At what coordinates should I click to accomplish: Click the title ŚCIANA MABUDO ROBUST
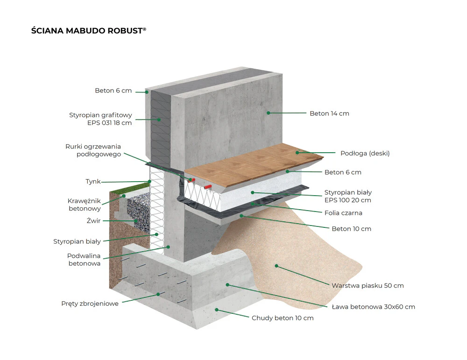[88, 31]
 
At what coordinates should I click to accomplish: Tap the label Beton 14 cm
[329, 113]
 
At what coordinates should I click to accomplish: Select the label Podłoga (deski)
[365, 153]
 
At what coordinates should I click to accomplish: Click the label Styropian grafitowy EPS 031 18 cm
[100, 119]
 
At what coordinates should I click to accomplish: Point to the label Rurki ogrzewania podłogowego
[93, 150]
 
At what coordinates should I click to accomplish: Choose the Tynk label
[93, 182]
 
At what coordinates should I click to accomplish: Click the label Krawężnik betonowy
[84, 205]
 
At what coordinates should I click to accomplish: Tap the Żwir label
[93, 221]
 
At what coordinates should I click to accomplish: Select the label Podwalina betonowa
[84, 259]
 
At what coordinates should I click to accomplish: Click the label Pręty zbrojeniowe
[90, 304]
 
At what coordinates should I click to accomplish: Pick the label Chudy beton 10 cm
[283, 318]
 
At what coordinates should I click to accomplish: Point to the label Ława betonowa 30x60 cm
[374, 307]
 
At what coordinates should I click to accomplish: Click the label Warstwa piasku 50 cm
[368, 286]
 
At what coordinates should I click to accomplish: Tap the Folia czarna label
[343, 213]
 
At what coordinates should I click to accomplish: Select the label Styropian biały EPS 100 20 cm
[348, 196]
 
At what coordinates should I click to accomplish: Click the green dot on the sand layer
[276, 266]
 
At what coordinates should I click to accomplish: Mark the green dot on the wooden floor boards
[297, 153]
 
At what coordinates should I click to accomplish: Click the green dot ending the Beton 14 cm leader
[269, 113]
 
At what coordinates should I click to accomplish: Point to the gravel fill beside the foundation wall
[139, 212]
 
